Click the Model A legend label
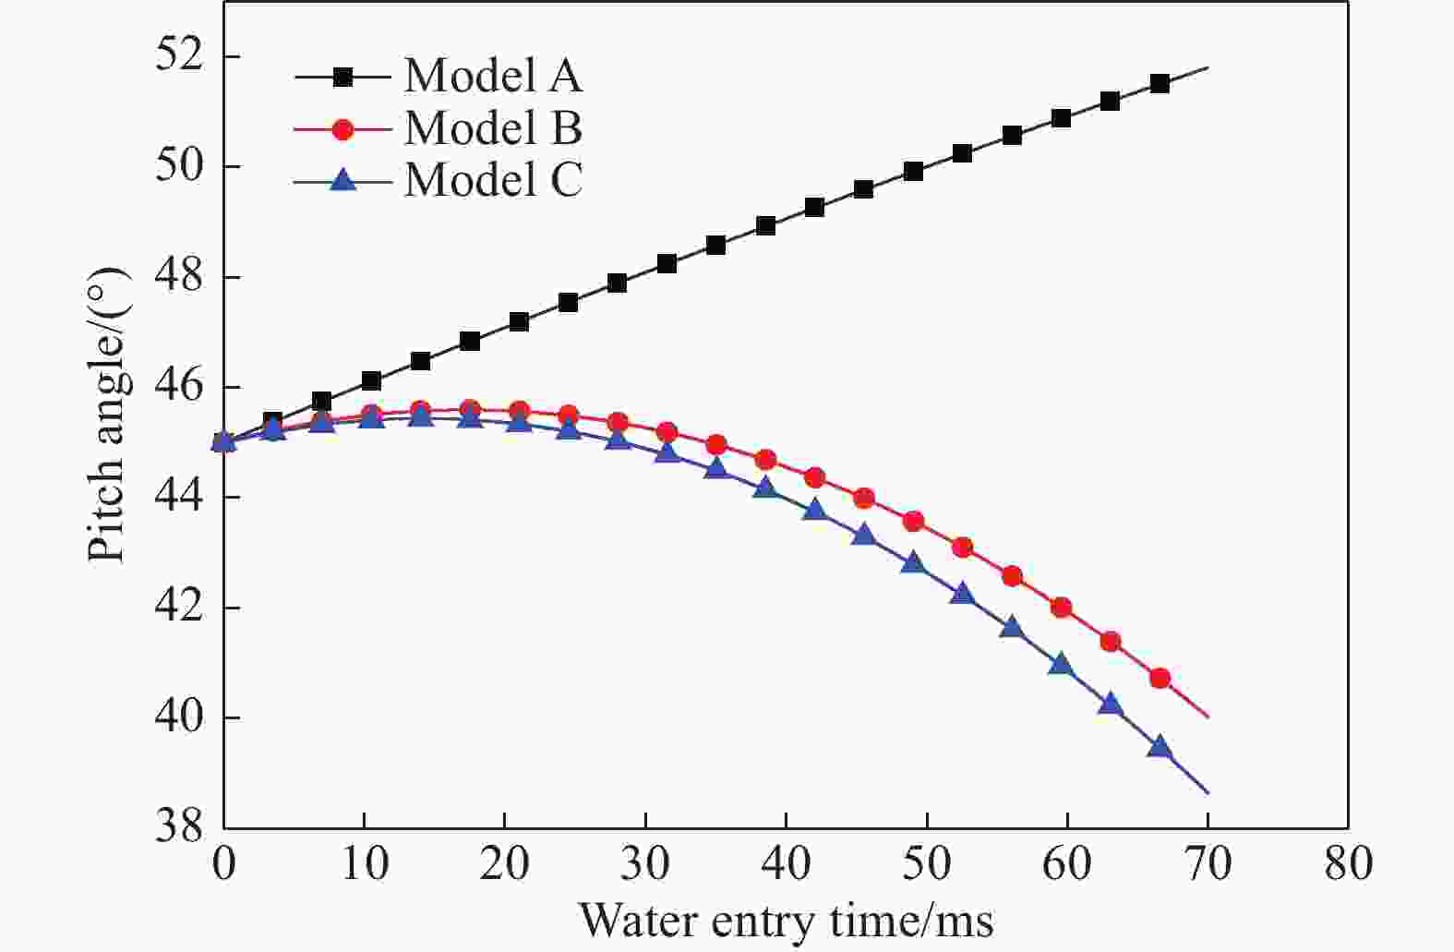point(493,77)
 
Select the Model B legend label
point(493,128)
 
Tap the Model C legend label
point(493,179)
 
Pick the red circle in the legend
point(342,129)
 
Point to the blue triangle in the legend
point(342,179)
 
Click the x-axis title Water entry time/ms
point(786,921)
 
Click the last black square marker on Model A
point(1160,84)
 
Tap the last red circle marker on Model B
point(1160,679)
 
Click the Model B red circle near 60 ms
point(1061,608)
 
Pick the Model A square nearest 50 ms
point(913,172)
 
